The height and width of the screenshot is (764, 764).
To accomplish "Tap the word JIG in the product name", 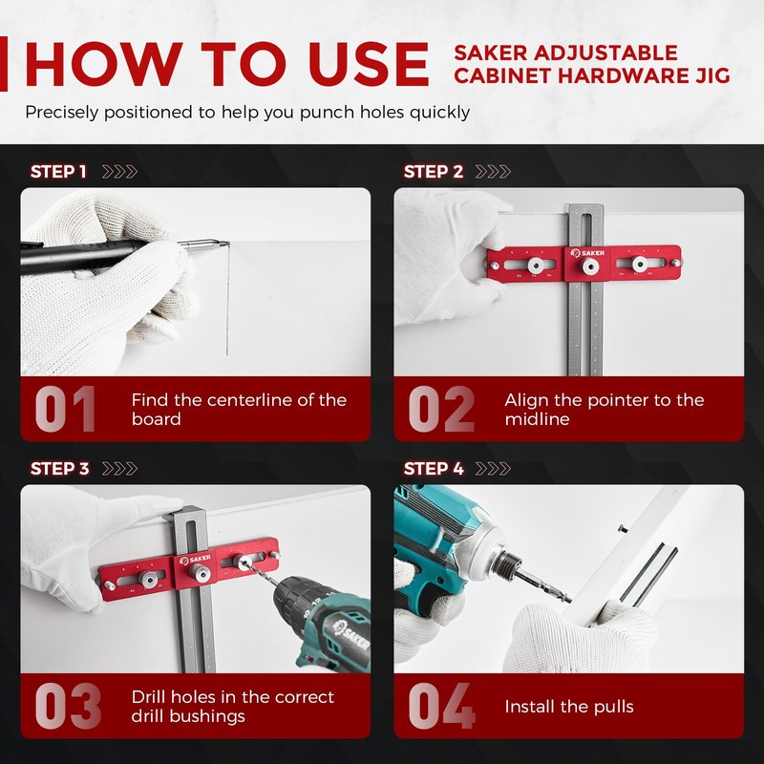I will coord(711,75).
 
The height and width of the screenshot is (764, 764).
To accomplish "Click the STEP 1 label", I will coord(58,172).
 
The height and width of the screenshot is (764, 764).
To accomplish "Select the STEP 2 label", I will coord(433,172).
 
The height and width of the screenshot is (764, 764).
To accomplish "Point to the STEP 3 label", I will coord(58,469).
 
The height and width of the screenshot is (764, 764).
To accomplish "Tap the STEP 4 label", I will coord(433,469).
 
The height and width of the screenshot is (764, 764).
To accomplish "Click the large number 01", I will coord(65,410).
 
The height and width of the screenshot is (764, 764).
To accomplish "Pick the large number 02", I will coord(440,410).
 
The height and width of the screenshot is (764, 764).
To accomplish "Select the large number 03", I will coord(67,707).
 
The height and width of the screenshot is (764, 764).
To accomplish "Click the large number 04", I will coord(440,707).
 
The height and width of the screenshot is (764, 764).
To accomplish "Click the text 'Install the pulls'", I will coord(569,707).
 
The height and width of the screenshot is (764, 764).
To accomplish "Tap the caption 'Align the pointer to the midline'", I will coord(604,410).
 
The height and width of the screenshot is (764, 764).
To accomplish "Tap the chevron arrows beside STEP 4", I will coord(493,469).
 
